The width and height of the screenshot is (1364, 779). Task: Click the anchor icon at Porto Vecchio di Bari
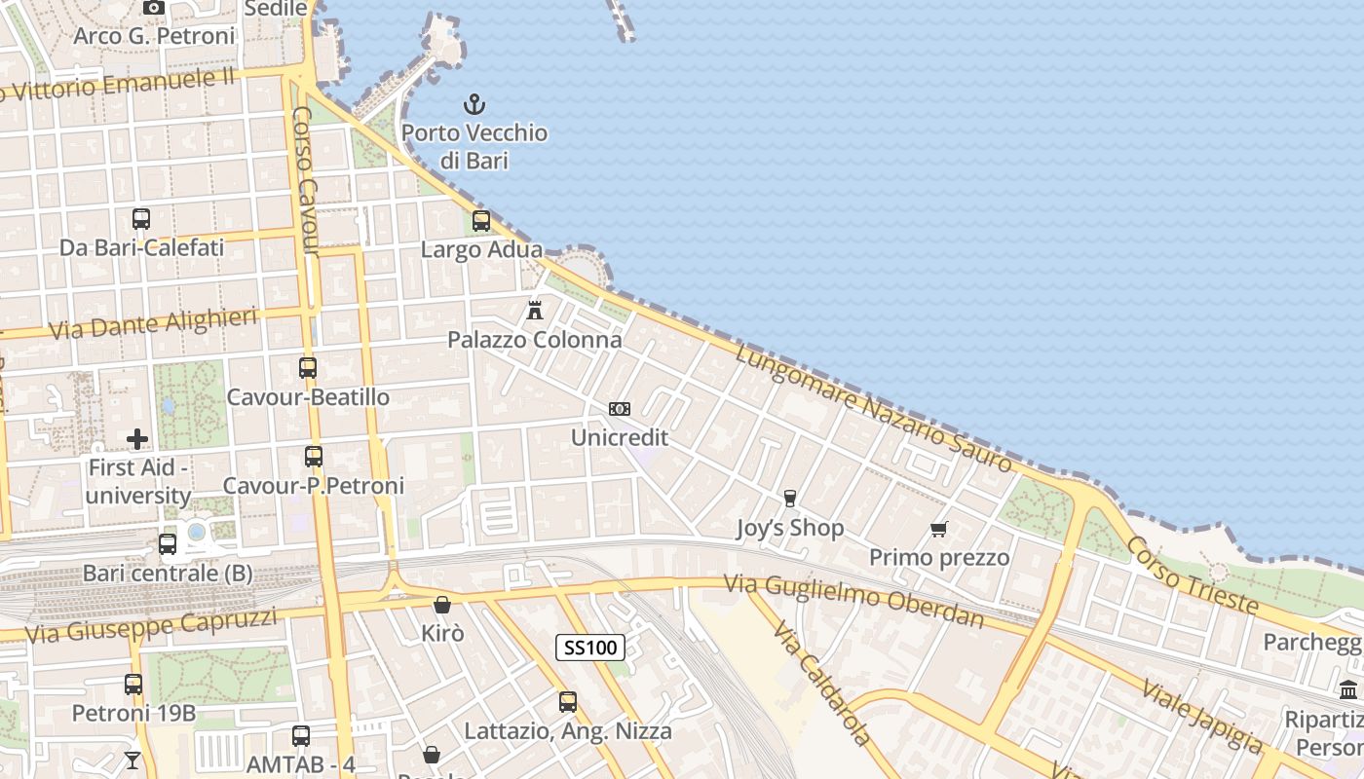point(474,104)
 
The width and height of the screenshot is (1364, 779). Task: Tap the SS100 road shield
point(590,648)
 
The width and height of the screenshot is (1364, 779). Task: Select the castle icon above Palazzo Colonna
point(534,311)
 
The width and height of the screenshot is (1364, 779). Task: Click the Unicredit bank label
point(620,437)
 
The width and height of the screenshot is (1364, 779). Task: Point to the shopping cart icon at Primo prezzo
point(939,530)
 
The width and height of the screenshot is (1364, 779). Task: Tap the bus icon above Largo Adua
point(481,221)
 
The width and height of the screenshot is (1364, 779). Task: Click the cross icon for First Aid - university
point(137,439)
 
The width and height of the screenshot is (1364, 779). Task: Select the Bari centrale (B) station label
point(168,573)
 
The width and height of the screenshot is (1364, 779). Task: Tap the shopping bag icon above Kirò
point(442,605)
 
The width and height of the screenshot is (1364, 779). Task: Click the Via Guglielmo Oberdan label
point(853,600)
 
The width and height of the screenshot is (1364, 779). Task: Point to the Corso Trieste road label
point(1193,575)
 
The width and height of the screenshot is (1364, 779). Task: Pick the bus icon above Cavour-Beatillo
point(308,368)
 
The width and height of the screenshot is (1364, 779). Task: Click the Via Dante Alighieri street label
point(153,323)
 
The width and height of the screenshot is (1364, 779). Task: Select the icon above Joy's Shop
point(790,499)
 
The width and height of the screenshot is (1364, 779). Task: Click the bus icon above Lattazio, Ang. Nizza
point(568,701)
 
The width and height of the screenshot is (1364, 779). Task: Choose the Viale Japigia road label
point(1201,716)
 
